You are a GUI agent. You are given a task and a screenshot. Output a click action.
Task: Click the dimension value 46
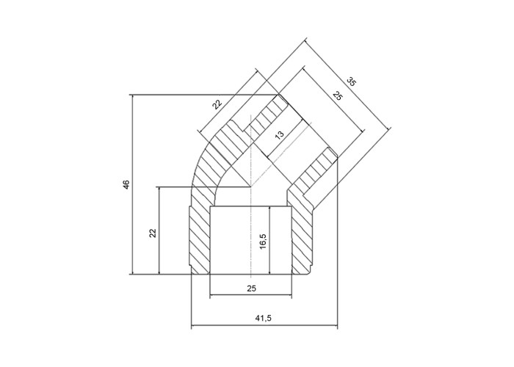[x=126, y=183]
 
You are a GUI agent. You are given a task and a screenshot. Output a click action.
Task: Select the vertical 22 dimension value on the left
[x=153, y=233]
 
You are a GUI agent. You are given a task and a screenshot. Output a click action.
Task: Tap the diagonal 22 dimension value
[x=217, y=104]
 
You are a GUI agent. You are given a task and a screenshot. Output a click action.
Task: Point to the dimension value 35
[x=351, y=81]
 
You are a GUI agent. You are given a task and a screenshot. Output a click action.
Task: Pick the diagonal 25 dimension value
[x=337, y=95]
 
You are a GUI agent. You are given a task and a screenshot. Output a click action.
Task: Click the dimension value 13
[x=279, y=135]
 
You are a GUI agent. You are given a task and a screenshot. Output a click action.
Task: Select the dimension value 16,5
[x=264, y=241]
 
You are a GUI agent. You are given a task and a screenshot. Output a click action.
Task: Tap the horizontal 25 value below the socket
[x=251, y=288]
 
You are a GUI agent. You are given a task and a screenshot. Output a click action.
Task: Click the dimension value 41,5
[x=264, y=318]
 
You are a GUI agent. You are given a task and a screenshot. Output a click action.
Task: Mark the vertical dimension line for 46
[x=133, y=184]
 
